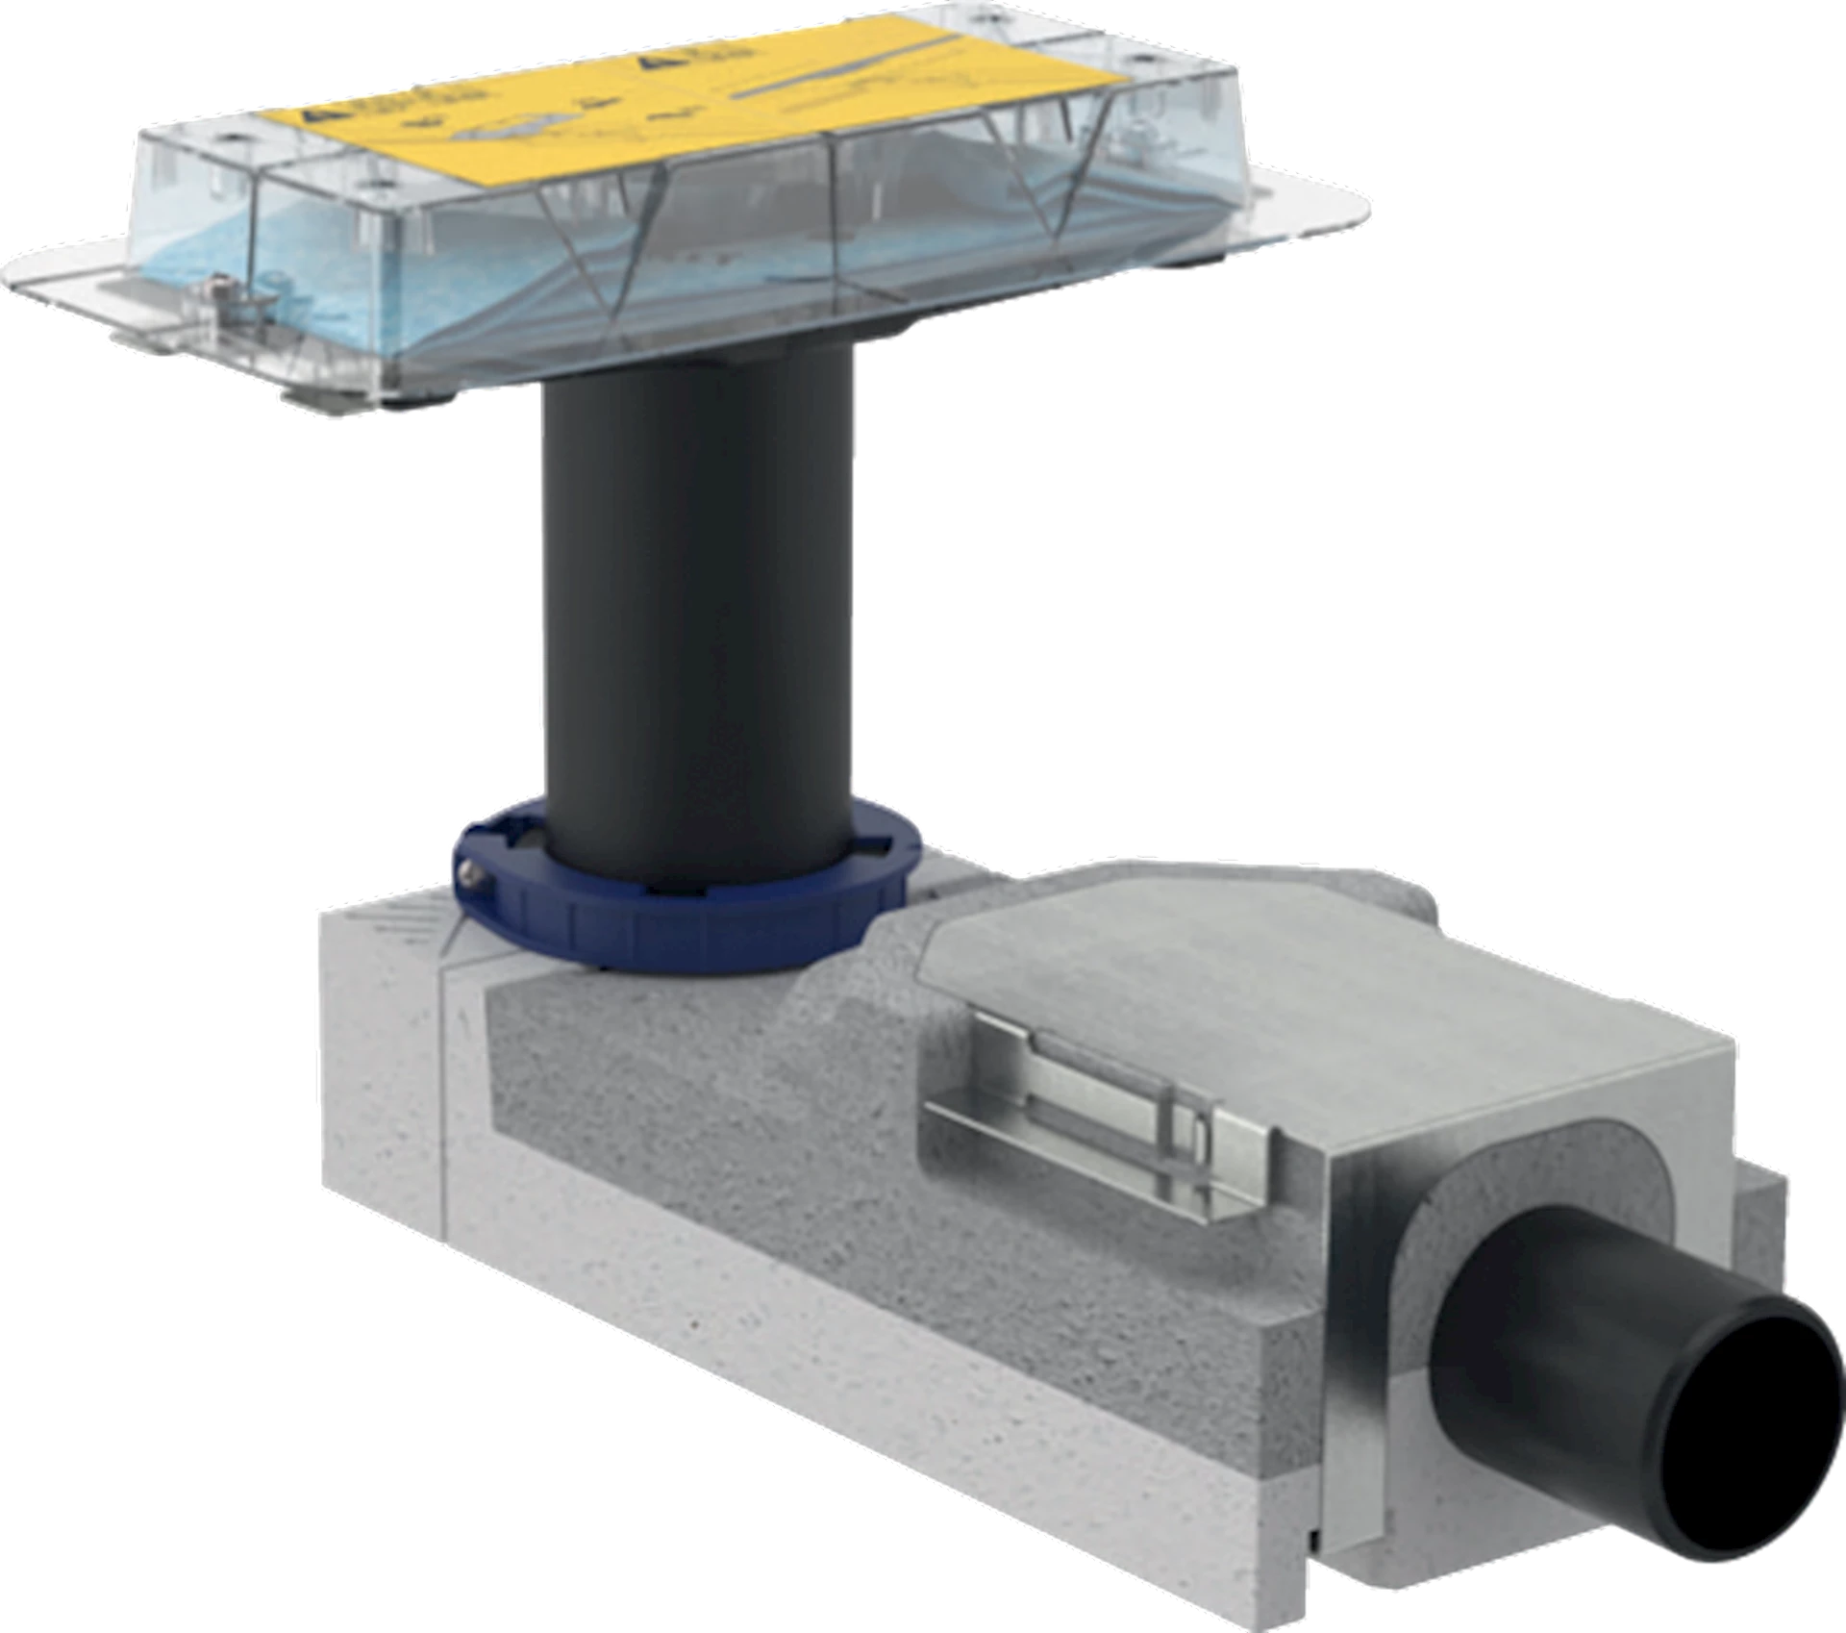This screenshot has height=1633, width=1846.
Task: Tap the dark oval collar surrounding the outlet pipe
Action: [x=1442, y=1289]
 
